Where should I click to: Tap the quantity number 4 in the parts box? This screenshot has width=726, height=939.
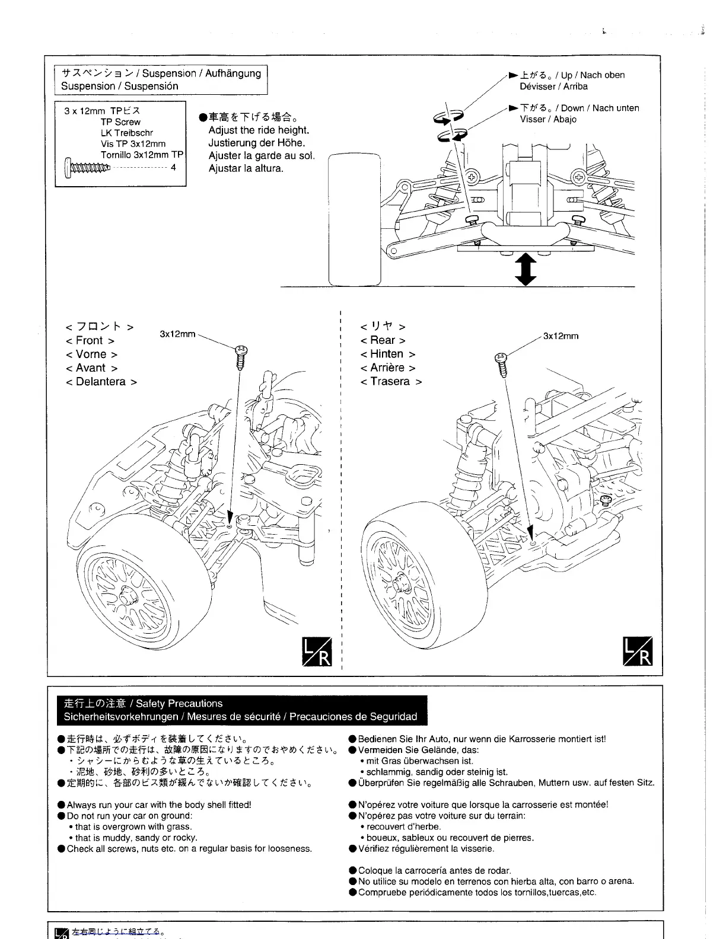pos(173,168)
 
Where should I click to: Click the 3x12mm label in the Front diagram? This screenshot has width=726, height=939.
pos(177,334)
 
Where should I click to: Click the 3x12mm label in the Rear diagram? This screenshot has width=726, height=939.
pos(561,336)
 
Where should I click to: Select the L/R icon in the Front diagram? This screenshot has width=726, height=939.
pos(318,651)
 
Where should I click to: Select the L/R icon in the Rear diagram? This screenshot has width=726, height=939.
pos(638,651)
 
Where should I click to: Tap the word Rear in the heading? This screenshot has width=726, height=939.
pos(383,340)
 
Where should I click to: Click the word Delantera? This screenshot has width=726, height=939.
pos(101,382)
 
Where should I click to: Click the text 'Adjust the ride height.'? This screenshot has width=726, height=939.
pos(259,130)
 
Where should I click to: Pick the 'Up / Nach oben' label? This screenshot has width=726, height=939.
pos(593,75)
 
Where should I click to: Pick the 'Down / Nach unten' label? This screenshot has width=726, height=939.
pos(600,108)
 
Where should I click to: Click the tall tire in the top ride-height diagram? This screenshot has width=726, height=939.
pos(354,219)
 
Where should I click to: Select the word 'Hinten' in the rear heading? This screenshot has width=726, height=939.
pos(387,354)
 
